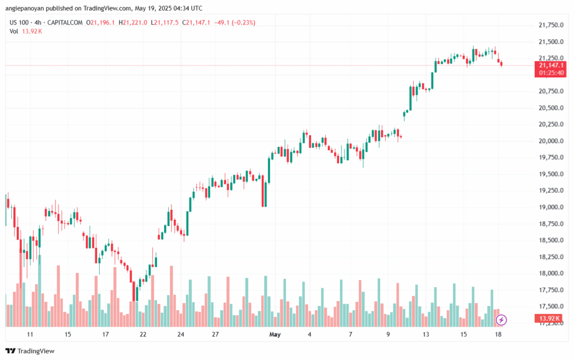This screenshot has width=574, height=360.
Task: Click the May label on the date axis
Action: [x=275, y=335]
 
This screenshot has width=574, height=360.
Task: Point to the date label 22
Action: [x=143, y=335]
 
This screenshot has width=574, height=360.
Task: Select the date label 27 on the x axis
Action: [x=215, y=335]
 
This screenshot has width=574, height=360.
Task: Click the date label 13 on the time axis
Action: [x=427, y=335]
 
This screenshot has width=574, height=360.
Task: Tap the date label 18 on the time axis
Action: [x=498, y=335]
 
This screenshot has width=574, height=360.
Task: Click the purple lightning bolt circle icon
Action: [x=502, y=320]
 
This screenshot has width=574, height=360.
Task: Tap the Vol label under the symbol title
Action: [x=14, y=31]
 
